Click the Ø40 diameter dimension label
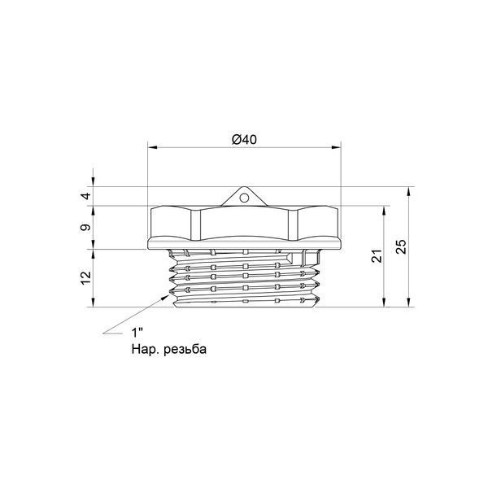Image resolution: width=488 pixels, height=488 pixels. [244, 139]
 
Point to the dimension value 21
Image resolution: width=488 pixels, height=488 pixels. [377, 256]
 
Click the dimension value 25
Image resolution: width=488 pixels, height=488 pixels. [402, 246]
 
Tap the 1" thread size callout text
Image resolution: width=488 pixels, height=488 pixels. [137, 333]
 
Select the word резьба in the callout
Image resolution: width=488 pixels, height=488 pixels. [185, 349]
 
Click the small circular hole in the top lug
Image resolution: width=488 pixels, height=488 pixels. [244, 198]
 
